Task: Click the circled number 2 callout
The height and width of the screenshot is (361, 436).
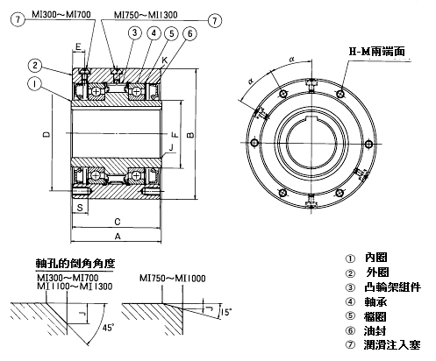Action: click(x=35, y=66)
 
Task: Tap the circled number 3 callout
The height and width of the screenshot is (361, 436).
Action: click(x=134, y=32)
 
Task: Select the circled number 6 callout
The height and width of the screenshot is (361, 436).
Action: click(x=189, y=34)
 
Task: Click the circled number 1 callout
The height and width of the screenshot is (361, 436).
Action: click(x=35, y=84)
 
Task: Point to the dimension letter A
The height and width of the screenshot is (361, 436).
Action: click(x=118, y=236)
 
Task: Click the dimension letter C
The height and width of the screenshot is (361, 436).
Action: click(x=118, y=222)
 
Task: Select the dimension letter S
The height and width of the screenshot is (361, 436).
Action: click(x=80, y=208)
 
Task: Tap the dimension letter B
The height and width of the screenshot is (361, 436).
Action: click(x=190, y=134)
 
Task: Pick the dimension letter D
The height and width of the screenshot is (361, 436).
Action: click(x=46, y=134)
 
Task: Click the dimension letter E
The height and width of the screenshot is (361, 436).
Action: click(x=78, y=46)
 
